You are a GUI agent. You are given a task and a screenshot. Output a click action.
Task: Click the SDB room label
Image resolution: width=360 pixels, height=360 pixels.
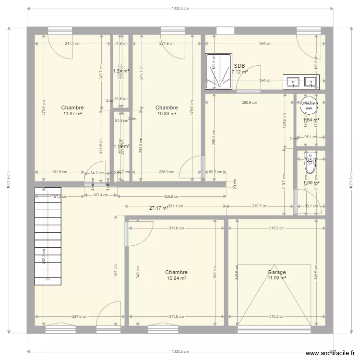(239, 66)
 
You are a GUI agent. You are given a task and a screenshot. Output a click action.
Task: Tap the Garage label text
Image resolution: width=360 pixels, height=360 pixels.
(276, 272)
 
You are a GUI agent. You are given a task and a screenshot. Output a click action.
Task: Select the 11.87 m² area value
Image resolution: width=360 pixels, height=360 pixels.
(72, 114)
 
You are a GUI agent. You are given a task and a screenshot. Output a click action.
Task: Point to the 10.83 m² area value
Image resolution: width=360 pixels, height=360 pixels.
(167, 114)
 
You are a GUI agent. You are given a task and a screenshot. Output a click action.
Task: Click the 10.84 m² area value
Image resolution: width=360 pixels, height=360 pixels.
(176, 278)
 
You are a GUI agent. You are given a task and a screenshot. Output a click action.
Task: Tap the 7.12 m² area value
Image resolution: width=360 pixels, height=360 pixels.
(240, 72)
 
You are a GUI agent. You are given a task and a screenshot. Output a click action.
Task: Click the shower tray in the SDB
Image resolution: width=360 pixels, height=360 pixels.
(218, 72)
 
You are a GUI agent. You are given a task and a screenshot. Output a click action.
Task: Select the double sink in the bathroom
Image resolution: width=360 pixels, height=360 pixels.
(300, 82)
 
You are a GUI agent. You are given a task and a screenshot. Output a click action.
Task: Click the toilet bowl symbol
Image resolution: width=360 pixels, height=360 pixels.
(311, 165)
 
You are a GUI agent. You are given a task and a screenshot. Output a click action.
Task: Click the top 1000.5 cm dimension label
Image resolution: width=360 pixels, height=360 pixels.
(180, 8)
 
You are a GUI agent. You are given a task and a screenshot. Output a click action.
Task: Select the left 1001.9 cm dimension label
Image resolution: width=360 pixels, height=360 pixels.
(9, 180)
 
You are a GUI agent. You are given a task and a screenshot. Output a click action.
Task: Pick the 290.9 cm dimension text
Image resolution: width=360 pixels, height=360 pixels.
(249, 102)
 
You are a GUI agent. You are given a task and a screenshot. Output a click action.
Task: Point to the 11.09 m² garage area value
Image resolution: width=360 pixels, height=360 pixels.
(277, 278)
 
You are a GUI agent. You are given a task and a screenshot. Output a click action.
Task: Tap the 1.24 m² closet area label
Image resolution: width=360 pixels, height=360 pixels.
(121, 71)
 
